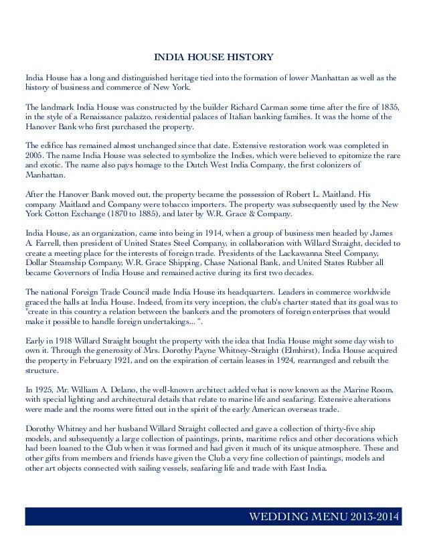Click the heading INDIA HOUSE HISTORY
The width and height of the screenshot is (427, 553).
[213, 57]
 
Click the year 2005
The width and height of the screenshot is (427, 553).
[35, 154]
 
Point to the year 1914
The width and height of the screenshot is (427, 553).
[198, 232]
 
